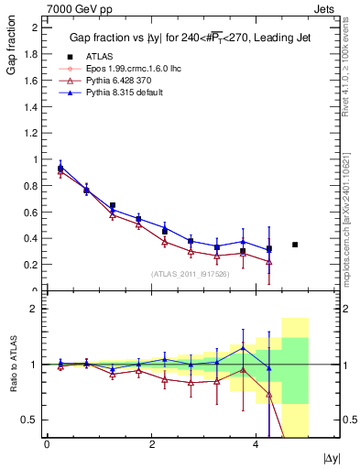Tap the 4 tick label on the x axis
(x=256, y=444)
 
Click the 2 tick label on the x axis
(x=151, y=444)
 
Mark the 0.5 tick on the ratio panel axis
(x=32, y=420)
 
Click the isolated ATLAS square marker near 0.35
(x=295, y=245)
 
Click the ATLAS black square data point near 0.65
(x=113, y=206)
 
